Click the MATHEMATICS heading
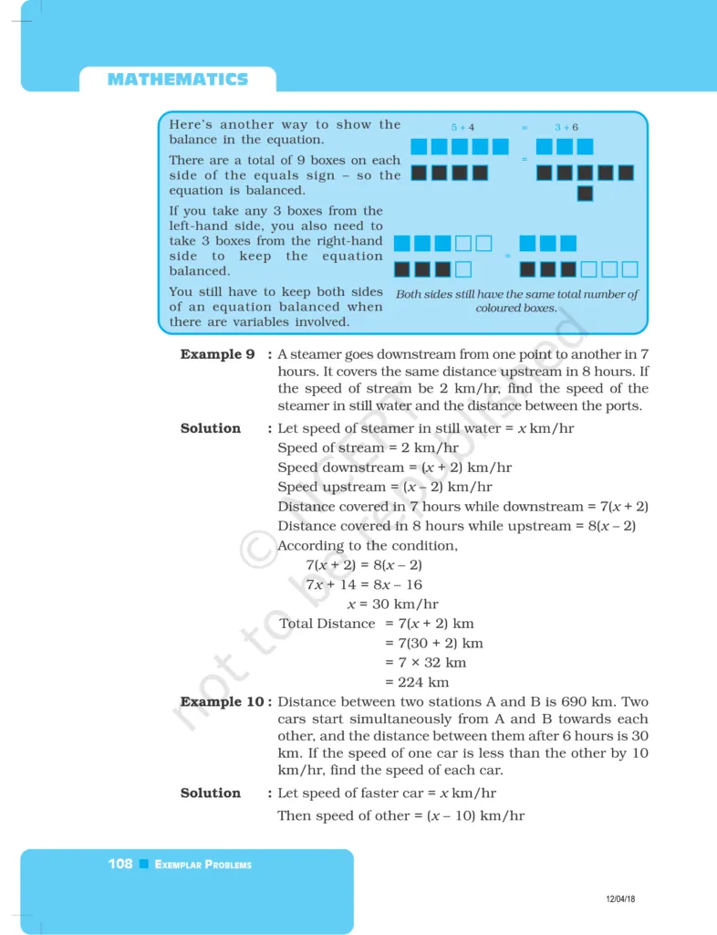click(177, 79)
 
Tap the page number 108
click(120, 864)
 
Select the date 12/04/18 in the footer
click(620, 899)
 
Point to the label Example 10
click(224, 702)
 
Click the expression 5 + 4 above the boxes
click(462, 128)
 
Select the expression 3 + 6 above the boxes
click(566, 128)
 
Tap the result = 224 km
click(417, 682)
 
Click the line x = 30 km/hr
click(392, 604)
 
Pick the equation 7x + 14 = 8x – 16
click(364, 584)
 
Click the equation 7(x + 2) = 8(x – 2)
click(364, 565)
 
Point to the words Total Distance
click(327, 624)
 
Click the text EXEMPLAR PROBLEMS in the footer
click(203, 865)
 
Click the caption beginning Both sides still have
click(516, 301)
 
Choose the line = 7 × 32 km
click(425, 663)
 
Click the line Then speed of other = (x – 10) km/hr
click(400, 815)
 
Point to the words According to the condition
click(368, 546)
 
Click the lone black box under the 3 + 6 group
click(585, 194)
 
